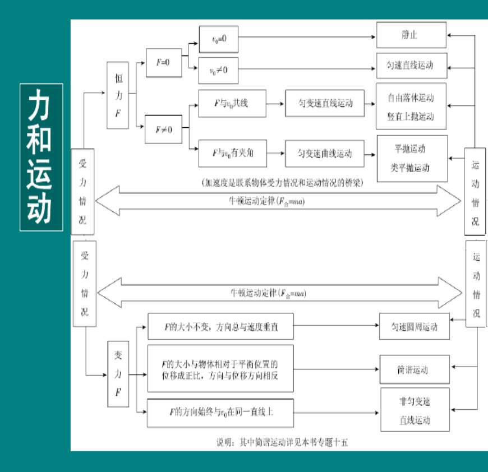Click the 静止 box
tap(411, 35)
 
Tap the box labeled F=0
tap(163, 62)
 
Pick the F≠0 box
tap(163, 130)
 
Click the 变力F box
tap(118, 374)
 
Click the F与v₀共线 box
tap(232, 103)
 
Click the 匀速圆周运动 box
tap(415, 327)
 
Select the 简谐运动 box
tap(415, 371)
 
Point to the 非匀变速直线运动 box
tap(415, 410)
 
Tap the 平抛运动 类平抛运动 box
tap(412, 158)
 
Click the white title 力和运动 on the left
tap(41, 157)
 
